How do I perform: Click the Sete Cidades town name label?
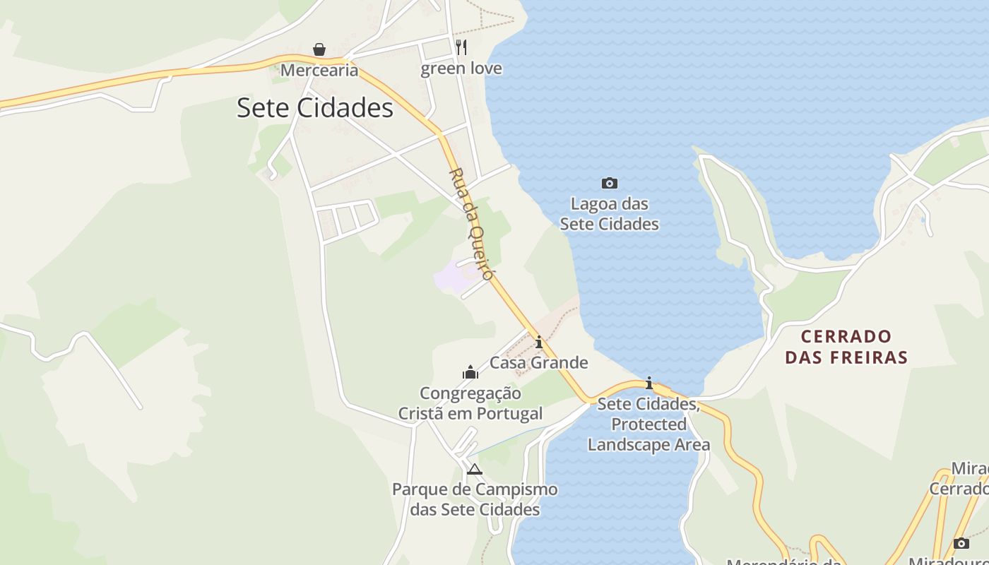click(314, 108)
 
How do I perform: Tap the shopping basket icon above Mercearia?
click(319, 49)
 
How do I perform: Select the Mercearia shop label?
click(319, 70)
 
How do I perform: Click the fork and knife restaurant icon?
click(461, 47)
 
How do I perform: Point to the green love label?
click(461, 69)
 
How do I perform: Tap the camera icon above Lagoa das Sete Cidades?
click(609, 184)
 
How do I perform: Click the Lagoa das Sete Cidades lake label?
click(609, 214)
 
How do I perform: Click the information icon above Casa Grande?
click(539, 343)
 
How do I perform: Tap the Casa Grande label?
click(539, 363)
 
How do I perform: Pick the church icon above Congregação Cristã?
click(470, 372)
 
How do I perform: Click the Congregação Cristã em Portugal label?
click(470, 403)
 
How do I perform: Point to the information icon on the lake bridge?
click(649, 383)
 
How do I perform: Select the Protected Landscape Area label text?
click(649, 434)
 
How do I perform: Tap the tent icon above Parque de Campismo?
click(475, 469)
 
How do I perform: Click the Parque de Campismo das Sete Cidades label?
click(475, 499)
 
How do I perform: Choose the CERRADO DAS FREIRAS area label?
click(846, 346)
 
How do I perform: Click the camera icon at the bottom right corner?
click(961, 543)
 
